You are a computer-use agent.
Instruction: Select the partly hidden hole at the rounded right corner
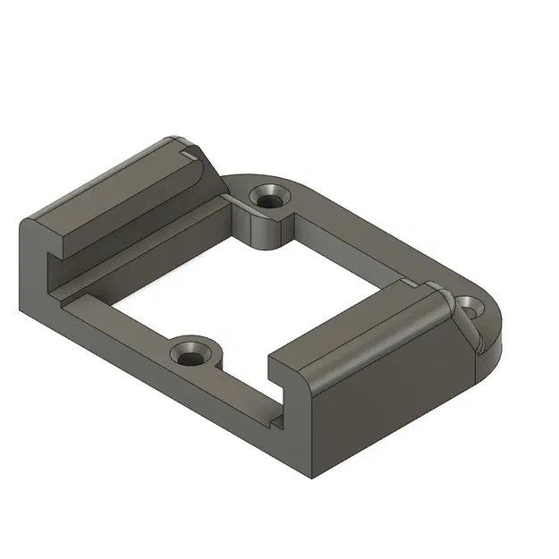468,306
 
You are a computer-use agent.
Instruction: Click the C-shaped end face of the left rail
40,268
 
